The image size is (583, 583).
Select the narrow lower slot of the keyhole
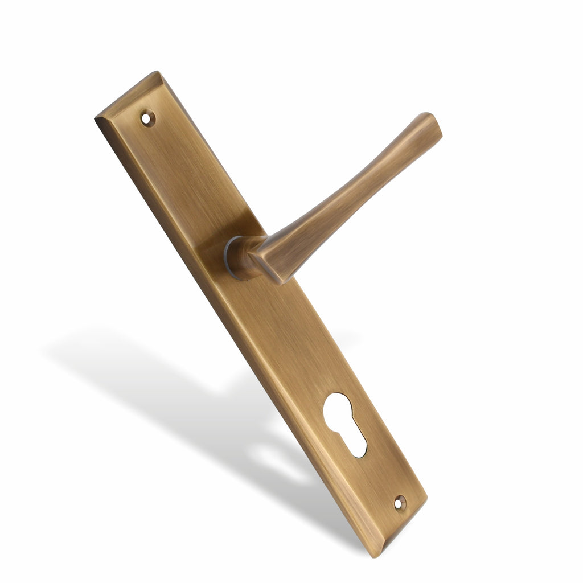coord(355,441)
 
